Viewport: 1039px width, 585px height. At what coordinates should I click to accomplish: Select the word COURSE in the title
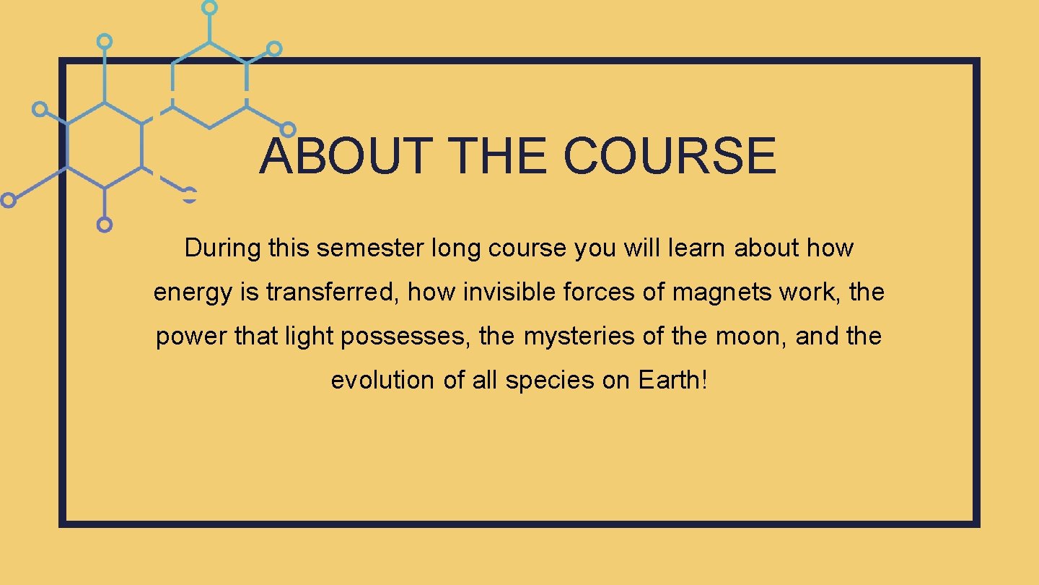coord(670,157)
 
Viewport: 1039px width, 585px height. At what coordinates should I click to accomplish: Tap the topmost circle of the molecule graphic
coord(209,7)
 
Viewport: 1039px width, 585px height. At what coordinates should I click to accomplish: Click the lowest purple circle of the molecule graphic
coord(105,225)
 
